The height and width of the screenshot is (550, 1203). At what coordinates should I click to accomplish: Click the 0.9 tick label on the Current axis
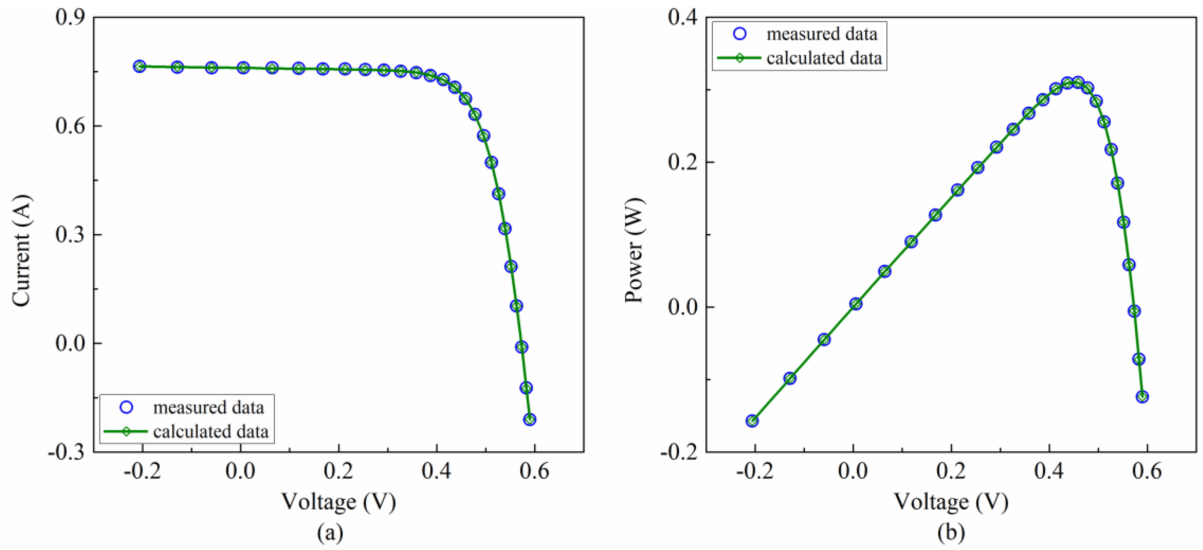tap(70, 18)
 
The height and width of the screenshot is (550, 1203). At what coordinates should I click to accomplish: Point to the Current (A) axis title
tap(22, 251)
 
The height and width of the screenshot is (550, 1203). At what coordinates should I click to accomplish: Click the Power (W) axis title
tap(634, 251)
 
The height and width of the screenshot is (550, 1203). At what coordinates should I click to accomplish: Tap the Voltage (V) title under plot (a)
tap(338, 502)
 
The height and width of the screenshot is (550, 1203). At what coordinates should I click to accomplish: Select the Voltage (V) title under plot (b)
tap(951, 502)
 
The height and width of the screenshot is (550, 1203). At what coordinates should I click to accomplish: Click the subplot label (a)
tap(330, 533)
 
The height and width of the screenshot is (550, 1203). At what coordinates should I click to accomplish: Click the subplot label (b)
tap(951, 533)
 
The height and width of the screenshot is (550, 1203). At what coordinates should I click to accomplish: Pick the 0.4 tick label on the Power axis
tap(683, 18)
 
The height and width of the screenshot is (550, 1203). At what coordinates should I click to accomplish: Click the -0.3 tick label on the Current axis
tap(66, 452)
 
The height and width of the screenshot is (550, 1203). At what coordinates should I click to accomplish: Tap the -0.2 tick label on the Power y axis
tap(679, 452)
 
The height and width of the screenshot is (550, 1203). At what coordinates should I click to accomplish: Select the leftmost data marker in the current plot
tap(139, 66)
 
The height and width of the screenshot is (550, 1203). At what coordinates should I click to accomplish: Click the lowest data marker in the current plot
tap(530, 419)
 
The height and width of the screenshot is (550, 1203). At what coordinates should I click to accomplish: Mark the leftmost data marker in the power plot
tap(752, 421)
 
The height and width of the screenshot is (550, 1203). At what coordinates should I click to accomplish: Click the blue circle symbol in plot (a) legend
tap(127, 408)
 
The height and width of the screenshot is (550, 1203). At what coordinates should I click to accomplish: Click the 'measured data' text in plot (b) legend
tap(822, 34)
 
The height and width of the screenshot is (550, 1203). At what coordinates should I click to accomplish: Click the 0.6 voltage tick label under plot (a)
tap(534, 472)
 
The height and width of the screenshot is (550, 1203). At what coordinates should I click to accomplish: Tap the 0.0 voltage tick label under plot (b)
tap(853, 472)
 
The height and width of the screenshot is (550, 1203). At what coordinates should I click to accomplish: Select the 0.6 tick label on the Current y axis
tap(70, 126)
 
